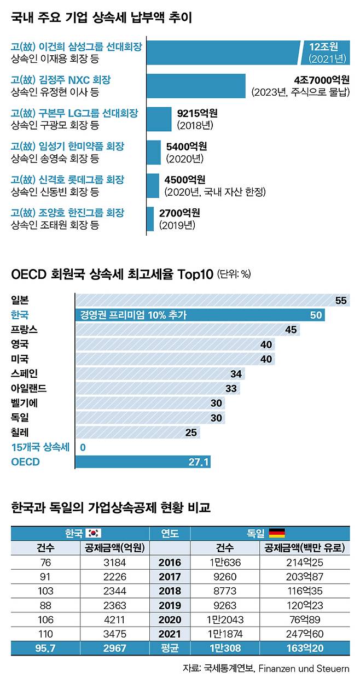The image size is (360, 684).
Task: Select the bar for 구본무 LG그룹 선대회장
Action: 159,119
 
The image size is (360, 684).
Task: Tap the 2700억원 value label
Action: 179,213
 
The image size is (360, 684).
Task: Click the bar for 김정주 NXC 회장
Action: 196,86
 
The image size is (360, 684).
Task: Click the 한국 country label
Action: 20,315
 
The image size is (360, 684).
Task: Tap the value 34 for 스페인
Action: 236,374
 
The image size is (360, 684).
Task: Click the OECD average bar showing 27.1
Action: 142,462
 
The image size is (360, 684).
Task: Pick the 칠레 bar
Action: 137,432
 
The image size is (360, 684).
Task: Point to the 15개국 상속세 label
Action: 40,447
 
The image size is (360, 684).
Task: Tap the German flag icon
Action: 277,533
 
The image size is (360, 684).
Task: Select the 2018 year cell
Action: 169,591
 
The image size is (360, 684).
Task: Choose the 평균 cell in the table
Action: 169,648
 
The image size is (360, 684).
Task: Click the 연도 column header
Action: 169,533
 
